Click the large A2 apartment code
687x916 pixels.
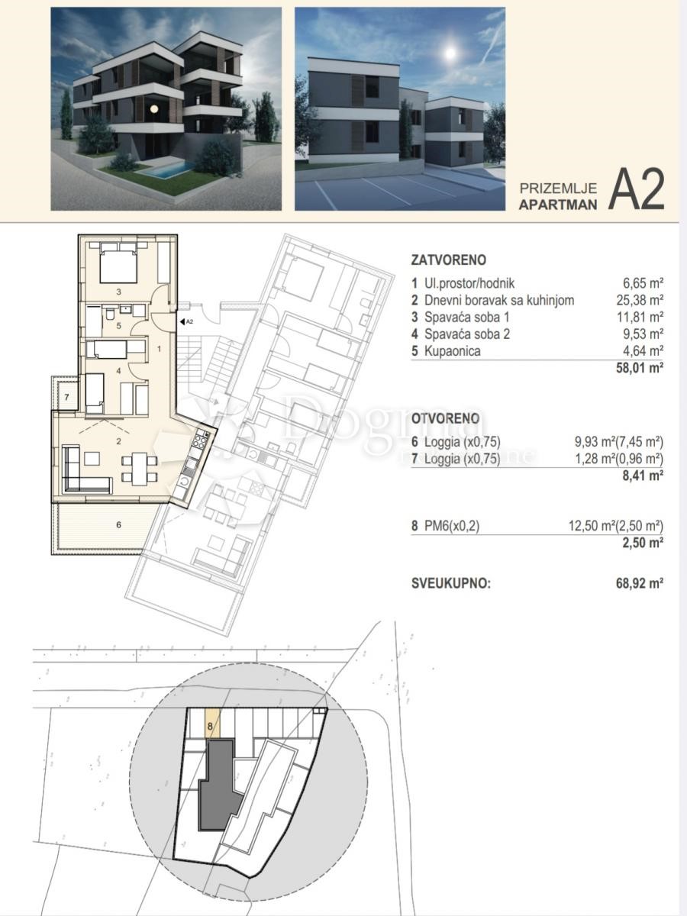(x=637, y=190)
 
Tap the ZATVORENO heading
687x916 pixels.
(x=448, y=260)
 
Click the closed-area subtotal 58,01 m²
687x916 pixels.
(x=639, y=367)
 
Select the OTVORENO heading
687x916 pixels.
(x=446, y=418)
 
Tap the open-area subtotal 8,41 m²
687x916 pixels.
(x=645, y=474)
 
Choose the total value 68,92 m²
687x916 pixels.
(x=639, y=584)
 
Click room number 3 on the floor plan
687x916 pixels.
(x=119, y=292)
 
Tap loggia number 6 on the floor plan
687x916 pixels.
(x=118, y=525)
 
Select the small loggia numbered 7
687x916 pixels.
(x=66, y=397)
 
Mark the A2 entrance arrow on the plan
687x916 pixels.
(x=184, y=321)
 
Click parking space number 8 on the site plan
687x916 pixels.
(x=210, y=725)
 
